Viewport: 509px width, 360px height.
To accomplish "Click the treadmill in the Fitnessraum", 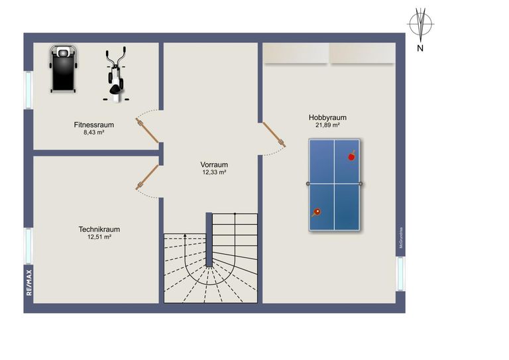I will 64,69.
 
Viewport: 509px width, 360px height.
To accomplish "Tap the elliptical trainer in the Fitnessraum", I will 115,74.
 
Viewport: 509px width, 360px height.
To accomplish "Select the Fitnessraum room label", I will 94,125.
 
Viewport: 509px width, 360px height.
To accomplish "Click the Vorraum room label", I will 214,164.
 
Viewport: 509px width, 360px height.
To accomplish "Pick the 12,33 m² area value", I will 214,172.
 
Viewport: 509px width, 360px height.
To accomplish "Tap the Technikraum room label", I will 99,229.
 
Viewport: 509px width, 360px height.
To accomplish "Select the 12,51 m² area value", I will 99,237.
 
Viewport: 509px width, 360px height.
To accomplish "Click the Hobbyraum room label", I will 327,117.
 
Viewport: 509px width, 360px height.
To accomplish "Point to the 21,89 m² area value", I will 327,125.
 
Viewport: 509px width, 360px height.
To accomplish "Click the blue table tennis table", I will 334,185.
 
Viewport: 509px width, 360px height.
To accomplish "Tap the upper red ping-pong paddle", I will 351,156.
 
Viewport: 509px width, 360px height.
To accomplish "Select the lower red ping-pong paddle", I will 317,212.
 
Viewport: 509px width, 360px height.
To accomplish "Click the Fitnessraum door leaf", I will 147,130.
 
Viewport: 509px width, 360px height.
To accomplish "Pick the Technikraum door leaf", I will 147,178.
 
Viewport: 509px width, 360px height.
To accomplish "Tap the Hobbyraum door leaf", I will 274,134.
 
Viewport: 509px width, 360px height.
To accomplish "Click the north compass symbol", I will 420,25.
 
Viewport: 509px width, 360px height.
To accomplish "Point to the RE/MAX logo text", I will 28,282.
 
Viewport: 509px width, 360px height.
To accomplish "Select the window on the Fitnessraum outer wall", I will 28,90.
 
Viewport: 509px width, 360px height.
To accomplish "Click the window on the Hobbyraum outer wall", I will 400,273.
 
